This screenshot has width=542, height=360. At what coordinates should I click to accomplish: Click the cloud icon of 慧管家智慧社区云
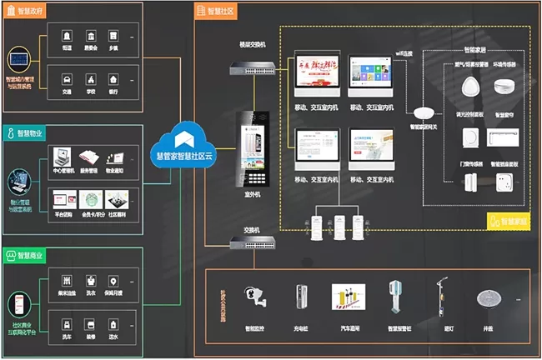pos(183,134)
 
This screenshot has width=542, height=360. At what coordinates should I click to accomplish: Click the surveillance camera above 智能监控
pos(253,297)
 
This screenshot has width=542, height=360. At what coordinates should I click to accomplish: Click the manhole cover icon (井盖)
pos(487,298)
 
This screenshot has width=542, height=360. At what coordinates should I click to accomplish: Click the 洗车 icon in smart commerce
pos(66,318)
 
